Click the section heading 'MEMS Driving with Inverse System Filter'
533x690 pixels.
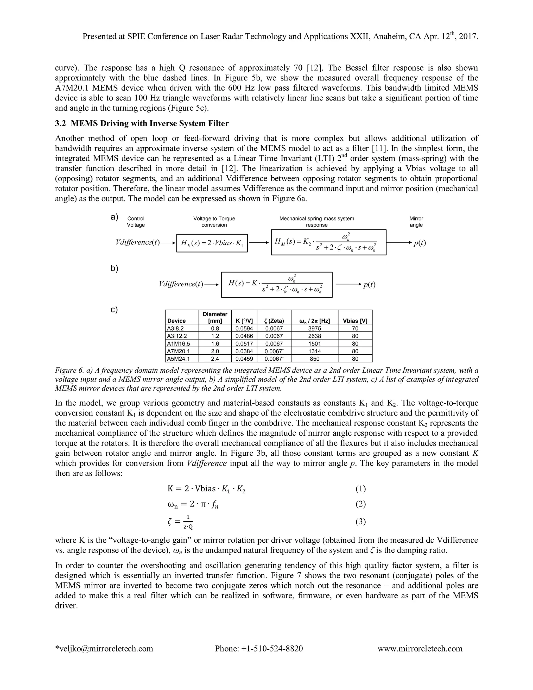tap(149, 123)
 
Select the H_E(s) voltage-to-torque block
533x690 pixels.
tap(212, 243)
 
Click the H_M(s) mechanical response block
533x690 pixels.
tap(328, 242)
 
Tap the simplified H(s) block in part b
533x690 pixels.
tap(277, 284)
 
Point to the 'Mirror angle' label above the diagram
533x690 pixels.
tap(416, 222)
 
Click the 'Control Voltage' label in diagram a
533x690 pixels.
tap(136, 222)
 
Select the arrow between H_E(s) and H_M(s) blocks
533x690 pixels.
tap(259, 243)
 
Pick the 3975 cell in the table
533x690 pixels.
tap(314, 329)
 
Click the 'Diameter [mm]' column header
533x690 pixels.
tap(215, 317)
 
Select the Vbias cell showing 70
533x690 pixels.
tap(355, 329)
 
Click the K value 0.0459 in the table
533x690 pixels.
tap(244, 359)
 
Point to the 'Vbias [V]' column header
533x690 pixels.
tap(355, 321)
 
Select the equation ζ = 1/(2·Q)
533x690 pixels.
tap(180, 522)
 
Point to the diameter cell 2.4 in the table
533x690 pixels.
tap(215, 359)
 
